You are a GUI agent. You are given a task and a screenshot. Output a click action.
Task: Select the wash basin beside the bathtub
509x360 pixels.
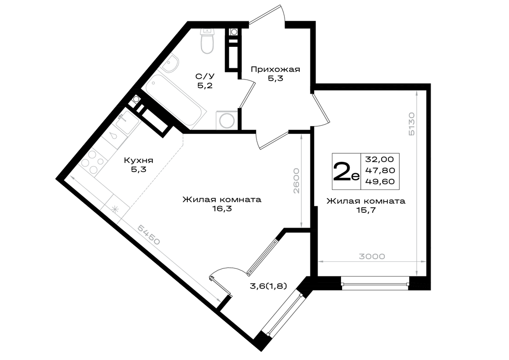pos(171,63)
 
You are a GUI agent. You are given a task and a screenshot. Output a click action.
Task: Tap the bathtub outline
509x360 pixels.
pos(177,102)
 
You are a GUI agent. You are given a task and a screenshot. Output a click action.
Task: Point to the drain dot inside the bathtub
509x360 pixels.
pos(153,82)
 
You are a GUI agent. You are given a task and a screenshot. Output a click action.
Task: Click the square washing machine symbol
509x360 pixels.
pos(226,121)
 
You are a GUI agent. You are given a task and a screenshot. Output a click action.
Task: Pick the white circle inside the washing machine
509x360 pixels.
pos(226,121)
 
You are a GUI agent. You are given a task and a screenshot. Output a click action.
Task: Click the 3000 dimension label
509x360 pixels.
pos(372,256)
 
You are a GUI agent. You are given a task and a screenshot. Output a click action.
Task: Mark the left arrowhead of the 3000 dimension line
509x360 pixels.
pos(320,261)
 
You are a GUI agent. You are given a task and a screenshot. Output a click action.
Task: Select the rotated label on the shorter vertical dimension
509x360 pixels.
pos(297,181)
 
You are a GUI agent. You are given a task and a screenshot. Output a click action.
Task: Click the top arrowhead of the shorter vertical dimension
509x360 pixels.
pos(302,136)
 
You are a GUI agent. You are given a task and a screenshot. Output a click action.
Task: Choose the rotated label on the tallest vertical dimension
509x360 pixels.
pos(412,124)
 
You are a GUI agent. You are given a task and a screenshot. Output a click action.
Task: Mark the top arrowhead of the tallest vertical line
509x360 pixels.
pos(417,92)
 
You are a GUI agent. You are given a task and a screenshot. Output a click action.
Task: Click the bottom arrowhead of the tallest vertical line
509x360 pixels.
pos(417,274)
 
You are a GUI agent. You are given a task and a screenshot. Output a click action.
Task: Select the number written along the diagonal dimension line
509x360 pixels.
pos(149,235)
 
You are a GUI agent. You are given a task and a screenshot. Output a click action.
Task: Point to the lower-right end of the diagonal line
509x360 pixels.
pos(220,301)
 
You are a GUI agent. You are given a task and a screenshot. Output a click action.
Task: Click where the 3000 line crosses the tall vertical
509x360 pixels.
pos(417,261)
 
